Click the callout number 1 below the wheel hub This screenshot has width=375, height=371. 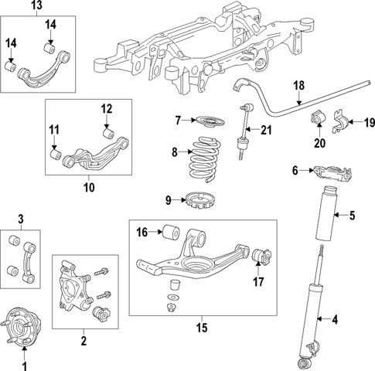click(23, 365)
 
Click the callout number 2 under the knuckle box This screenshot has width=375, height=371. click(83, 339)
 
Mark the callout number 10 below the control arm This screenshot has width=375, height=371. click(90, 186)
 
